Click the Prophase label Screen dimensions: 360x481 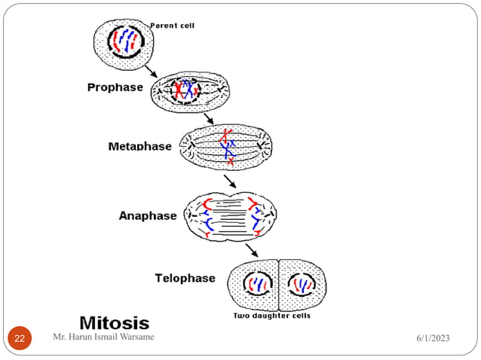click(115, 87)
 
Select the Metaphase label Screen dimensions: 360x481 click(139, 146)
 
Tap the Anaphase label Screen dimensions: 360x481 click(148, 215)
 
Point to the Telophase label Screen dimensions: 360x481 click(185, 278)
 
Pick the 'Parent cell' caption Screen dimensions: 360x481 click(173, 25)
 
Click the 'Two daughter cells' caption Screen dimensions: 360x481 click(271, 316)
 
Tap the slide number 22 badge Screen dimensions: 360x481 click(20, 338)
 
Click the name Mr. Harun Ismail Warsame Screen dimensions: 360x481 click(104, 337)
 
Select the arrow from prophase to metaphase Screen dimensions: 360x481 click(208, 119)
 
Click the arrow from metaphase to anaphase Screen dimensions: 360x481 click(230, 181)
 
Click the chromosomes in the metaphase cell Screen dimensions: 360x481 click(228, 146)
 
